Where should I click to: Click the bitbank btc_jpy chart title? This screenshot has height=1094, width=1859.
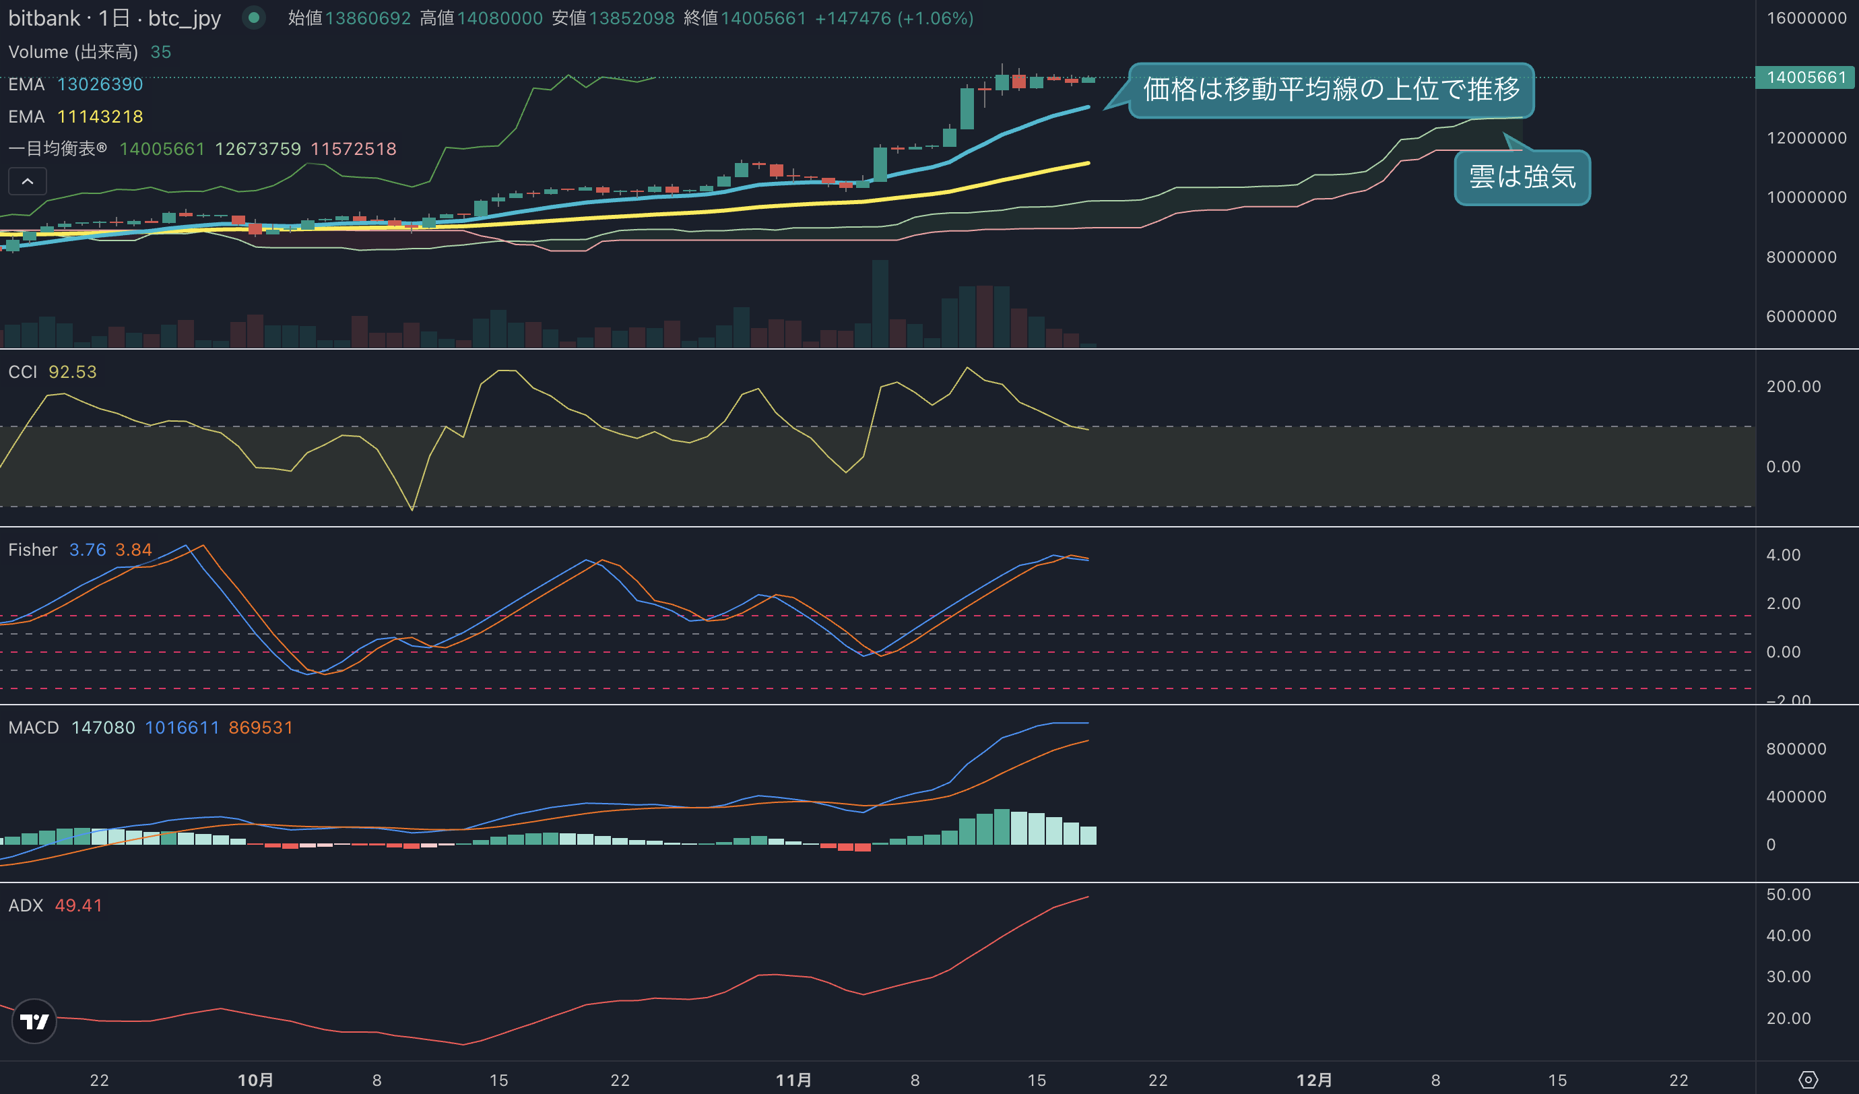click(115, 18)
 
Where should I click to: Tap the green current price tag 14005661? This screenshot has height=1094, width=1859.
click(1805, 77)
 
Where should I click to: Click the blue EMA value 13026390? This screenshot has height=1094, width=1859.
click(100, 84)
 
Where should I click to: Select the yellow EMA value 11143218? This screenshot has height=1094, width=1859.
click(100, 117)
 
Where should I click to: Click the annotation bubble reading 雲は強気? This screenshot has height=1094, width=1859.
click(1522, 177)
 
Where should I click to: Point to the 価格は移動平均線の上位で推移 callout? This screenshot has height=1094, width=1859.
click(1331, 90)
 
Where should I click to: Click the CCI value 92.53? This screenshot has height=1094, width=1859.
click(72, 372)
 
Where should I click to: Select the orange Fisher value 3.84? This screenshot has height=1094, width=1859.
click(133, 550)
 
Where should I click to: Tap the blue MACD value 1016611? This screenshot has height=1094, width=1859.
click(183, 728)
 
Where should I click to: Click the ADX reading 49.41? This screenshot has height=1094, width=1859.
click(79, 905)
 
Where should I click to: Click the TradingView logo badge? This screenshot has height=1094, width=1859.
click(34, 1021)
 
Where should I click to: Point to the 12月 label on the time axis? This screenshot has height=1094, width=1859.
click(1314, 1080)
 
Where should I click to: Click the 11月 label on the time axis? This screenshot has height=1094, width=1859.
click(793, 1080)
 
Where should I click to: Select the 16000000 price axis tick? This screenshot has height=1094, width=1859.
click(1806, 18)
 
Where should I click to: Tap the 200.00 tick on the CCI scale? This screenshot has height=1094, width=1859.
click(1794, 387)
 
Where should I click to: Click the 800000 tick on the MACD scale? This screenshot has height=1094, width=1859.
click(1796, 749)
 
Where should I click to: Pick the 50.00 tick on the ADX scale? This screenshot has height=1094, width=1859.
click(1788, 894)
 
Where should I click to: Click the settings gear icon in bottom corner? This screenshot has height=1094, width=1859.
click(1808, 1080)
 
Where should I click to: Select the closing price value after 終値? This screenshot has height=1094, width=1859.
click(764, 18)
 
